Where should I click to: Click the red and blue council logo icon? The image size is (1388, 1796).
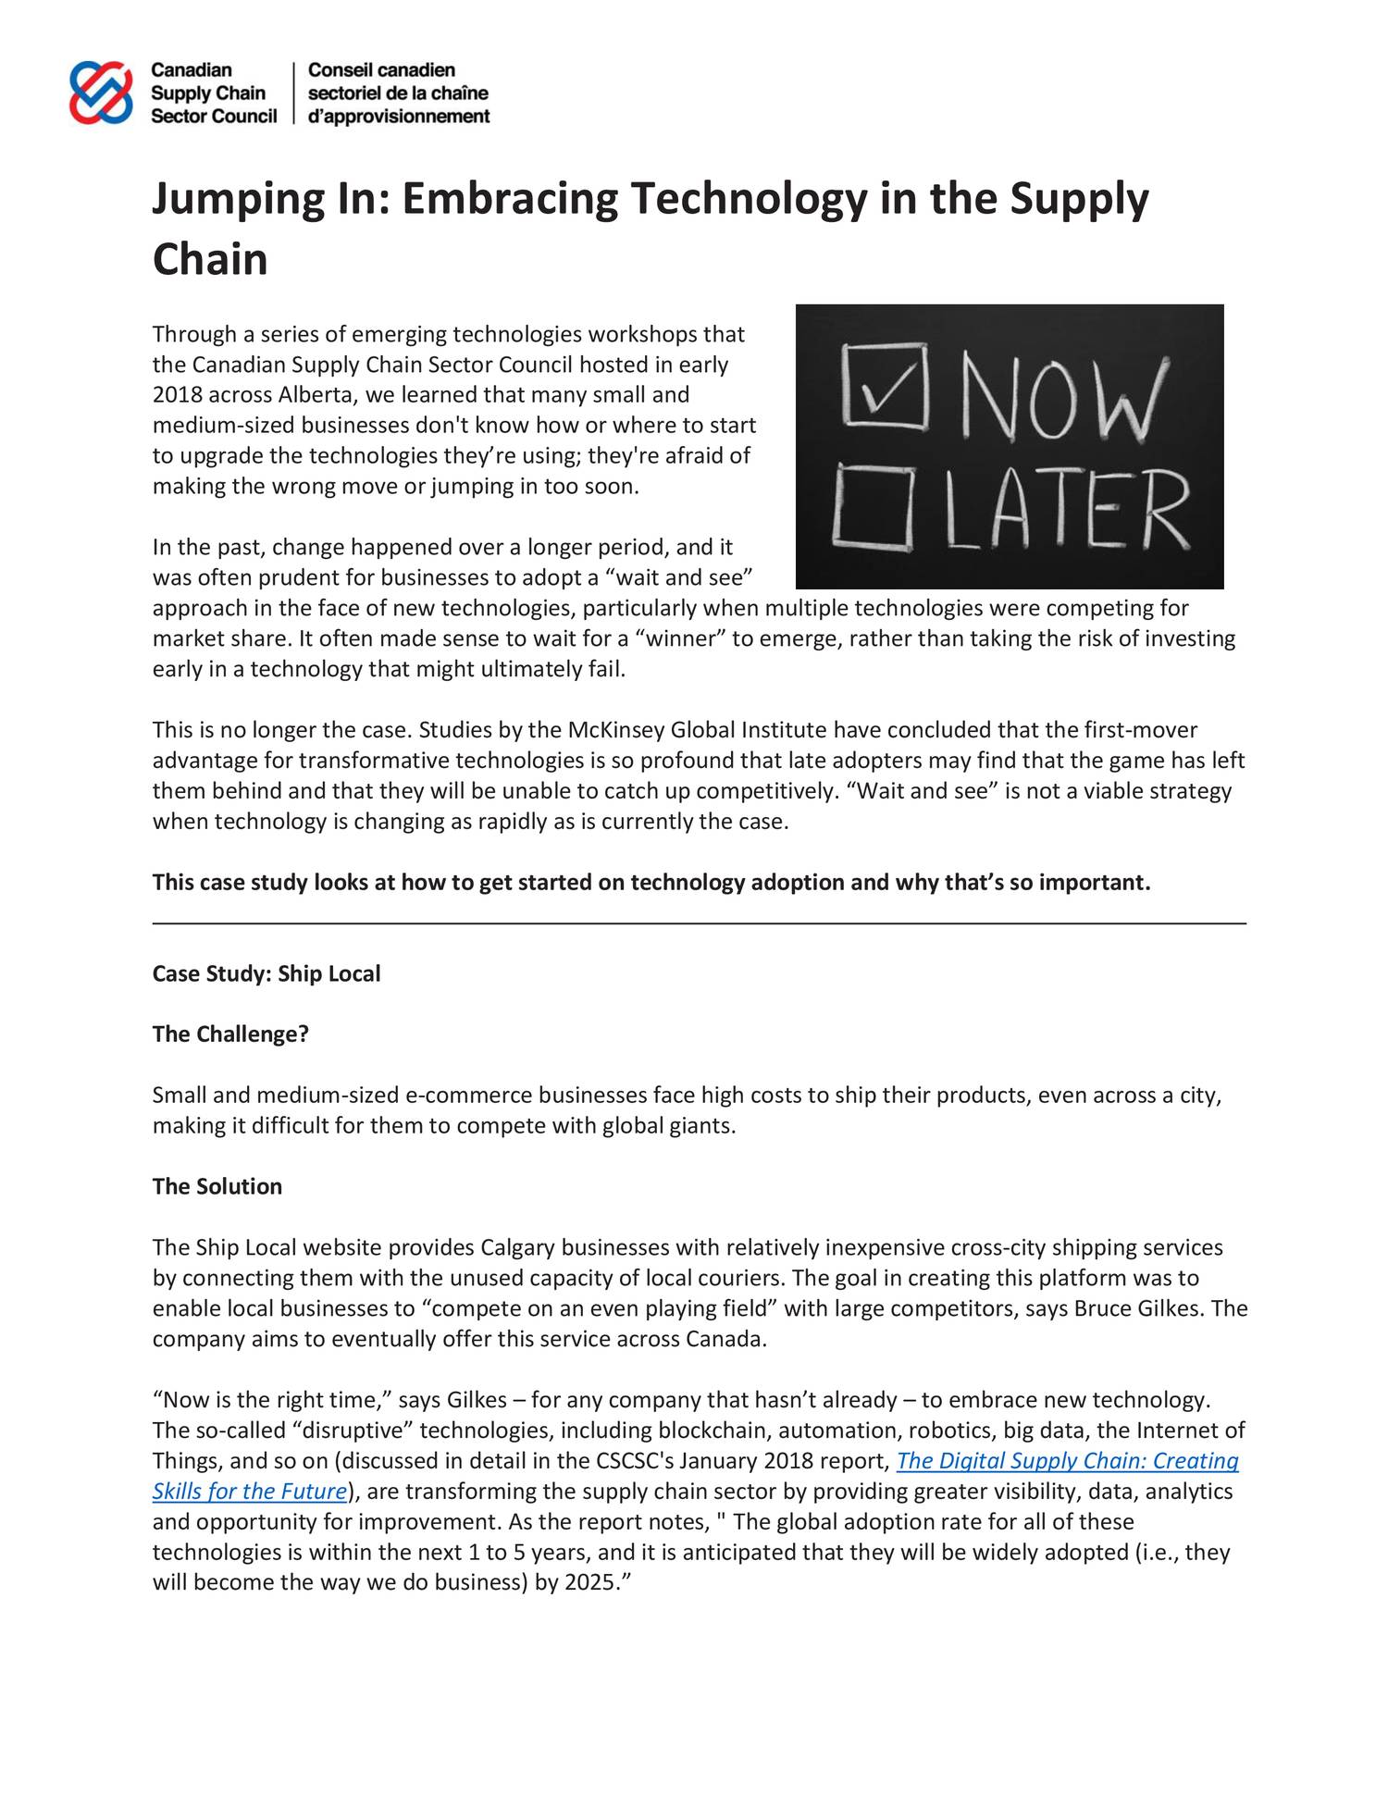(x=101, y=93)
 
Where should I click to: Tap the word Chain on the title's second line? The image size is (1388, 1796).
(x=210, y=259)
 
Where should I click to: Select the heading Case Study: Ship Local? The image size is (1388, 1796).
(x=266, y=973)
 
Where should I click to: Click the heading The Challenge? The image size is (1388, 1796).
(x=230, y=1034)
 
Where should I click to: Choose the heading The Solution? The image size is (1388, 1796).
(x=217, y=1186)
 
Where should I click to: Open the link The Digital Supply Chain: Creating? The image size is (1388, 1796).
(x=1067, y=1461)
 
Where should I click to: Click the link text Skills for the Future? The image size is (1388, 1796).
(x=250, y=1492)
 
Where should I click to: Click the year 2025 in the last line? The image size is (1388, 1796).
(x=589, y=1582)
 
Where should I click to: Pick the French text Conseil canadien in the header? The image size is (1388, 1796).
(x=381, y=70)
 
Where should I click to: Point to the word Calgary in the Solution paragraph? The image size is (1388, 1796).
(x=517, y=1247)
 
